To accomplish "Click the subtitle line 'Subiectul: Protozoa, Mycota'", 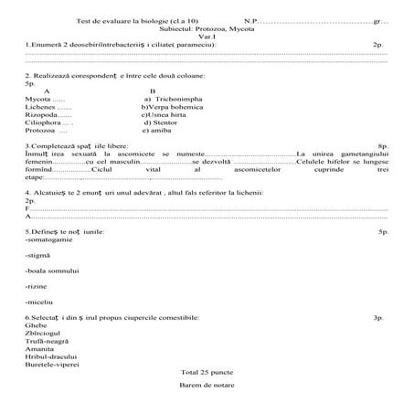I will [207, 27].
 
